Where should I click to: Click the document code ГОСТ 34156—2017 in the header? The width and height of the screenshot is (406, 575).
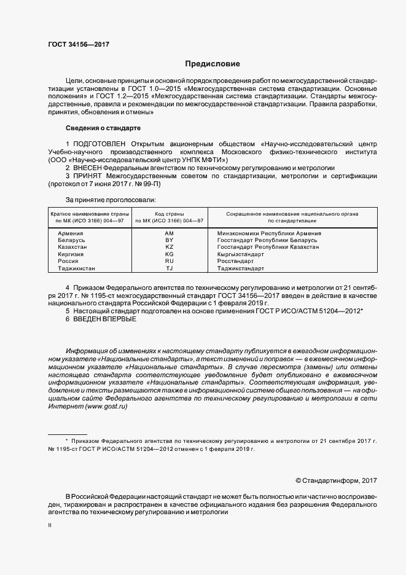pyautogui.click(x=78, y=44)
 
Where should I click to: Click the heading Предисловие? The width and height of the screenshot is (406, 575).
pyautogui.click(x=213, y=64)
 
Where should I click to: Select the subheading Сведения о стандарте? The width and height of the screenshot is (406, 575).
pyautogui.click(x=103, y=128)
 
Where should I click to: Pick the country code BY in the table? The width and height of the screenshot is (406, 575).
pyautogui.click(x=170, y=240)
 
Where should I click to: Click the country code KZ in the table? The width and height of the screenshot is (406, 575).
pyautogui.click(x=170, y=247)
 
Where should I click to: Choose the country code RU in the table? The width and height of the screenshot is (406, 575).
pyautogui.click(x=170, y=261)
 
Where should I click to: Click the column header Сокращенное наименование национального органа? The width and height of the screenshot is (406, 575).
pyautogui.click(x=292, y=213)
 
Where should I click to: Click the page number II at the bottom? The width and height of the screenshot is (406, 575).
pyautogui.click(x=50, y=526)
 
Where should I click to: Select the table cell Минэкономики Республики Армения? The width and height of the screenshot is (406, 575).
pyautogui.click(x=269, y=233)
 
